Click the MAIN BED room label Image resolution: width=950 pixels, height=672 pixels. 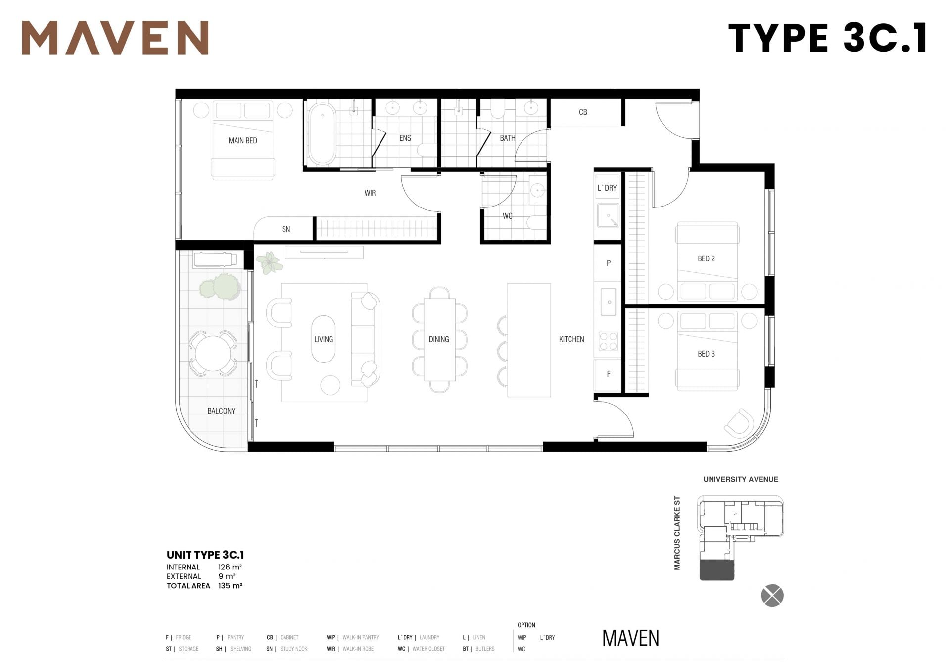[x=242, y=141]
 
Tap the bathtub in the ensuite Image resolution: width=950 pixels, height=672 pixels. [x=322, y=134]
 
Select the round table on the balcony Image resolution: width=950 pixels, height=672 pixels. [x=213, y=354]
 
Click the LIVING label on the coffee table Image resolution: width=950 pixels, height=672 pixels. [x=324, y=339]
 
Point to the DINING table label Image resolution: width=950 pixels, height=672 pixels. [x=439, y=339]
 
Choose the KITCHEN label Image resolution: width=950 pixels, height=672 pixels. [x=571, y=339]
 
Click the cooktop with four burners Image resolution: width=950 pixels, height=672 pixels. [x=608, y=341]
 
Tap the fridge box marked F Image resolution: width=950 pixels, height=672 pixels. [x=608, y=374]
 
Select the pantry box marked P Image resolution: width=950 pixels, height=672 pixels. [x=608, y=263]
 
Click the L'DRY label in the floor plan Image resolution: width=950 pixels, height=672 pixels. [x=607, y=188]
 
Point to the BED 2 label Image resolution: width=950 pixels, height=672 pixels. [x=706, y=258]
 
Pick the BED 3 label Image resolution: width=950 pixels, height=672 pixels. [x=706, y=354]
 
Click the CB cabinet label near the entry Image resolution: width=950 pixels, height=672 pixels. [x=583, y=112]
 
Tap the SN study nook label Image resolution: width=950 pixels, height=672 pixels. [x=286, y=229]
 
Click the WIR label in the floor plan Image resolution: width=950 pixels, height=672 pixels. [x=370, y=193]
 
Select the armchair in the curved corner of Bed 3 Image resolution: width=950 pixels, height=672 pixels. [x=739, y=423]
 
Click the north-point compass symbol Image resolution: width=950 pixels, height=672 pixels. [x=772, y=596]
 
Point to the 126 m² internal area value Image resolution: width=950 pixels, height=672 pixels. [x=230, y=567]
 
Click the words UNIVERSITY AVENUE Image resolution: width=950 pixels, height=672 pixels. [x=741, y=479]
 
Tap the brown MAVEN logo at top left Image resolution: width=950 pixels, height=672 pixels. [x=115, y=38]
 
